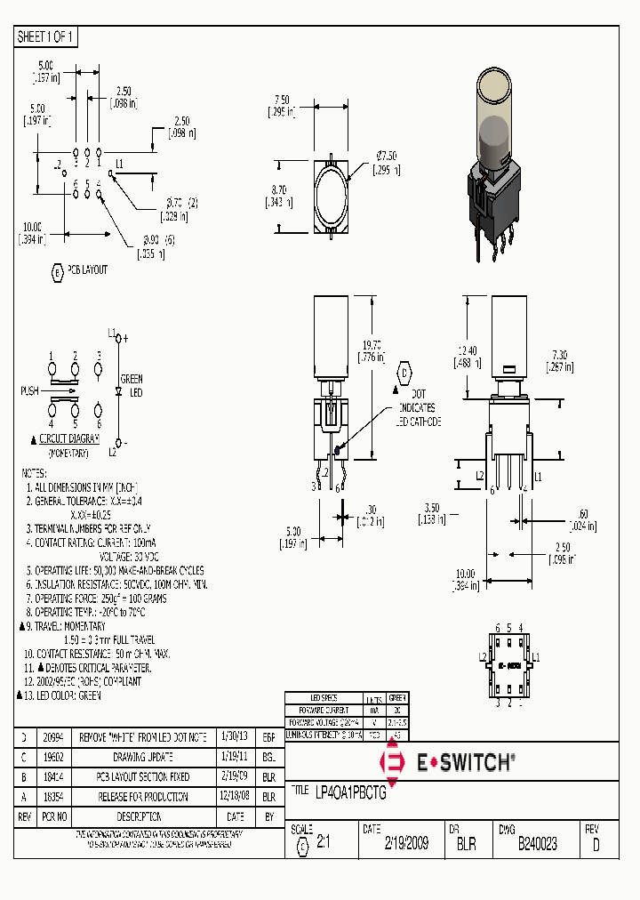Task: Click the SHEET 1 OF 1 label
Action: point(46,37)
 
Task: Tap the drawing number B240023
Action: point(537,844)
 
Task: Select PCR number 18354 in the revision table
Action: point(55,797)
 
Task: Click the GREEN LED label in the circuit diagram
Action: point(131,385)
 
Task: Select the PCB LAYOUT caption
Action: point(87,269)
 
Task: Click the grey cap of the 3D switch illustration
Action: point(494,140)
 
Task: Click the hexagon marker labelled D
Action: point(405,372)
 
